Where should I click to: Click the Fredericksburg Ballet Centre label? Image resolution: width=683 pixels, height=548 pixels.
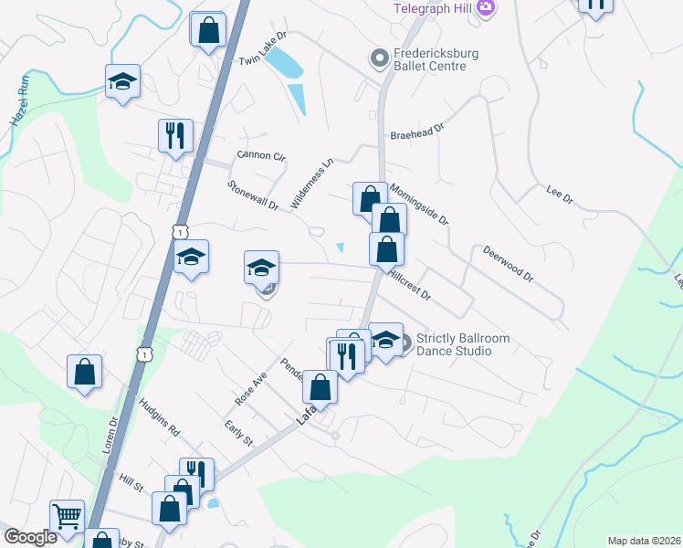[x=436, y=59]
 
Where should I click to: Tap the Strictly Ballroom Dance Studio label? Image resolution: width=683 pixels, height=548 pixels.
[x=462, y=344]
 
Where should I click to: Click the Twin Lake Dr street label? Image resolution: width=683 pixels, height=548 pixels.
[x=263, y=48]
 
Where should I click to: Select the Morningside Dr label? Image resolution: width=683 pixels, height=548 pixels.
[x=419, y=205]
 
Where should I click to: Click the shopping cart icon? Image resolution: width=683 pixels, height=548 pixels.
[x=67, y=515]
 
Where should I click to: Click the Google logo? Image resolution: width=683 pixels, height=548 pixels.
[x=31, y=537]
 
